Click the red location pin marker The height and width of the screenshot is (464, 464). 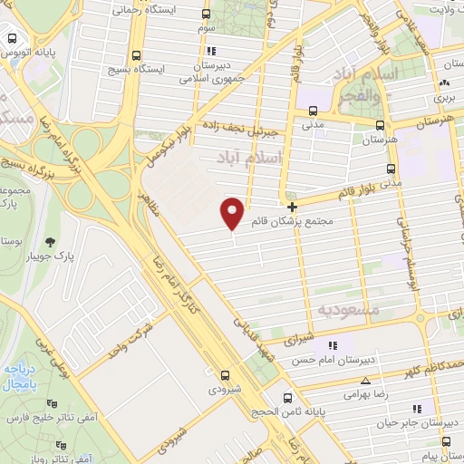pos(233,212)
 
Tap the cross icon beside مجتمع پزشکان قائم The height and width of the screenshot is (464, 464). pos(292,207)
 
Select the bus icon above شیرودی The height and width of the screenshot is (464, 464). pos(225,373)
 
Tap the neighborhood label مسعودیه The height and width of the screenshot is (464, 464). pos(346,310)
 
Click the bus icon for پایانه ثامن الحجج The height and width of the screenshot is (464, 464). pos(287,397)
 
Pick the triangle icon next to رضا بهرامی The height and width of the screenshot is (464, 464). pos(365,382)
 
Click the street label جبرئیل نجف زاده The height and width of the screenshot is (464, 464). pos(237,128)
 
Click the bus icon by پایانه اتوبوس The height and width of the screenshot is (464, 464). pos(13,39)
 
